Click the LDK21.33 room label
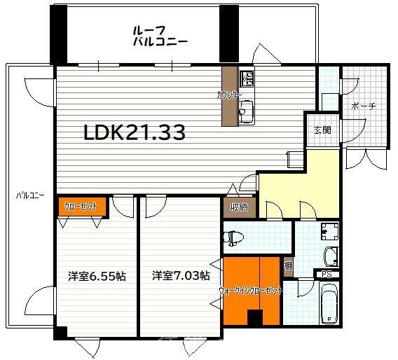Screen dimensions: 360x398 tap(135, 132)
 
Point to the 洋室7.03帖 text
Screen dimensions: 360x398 tap(181, 276)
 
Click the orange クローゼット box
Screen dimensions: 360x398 tap(81, 206)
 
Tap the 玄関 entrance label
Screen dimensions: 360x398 tap(322, 130)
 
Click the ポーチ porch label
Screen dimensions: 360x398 tap(363, 106)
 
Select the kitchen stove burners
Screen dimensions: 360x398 tap(247, 78)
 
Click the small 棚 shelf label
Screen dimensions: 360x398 tap(288, 265)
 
